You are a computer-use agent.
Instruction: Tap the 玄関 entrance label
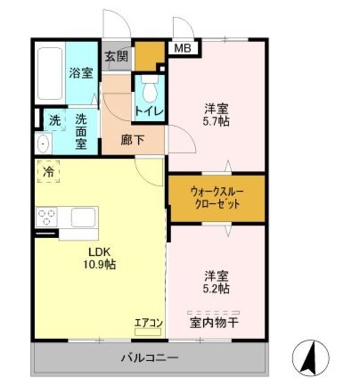click(116, 57)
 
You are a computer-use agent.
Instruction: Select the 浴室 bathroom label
click(81, 74)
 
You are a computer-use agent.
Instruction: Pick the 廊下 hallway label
click(132, 140)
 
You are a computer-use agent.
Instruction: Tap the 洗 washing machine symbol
click(55, 119)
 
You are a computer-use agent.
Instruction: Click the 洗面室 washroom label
click(81, 131)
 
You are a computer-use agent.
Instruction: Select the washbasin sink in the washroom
click(42, 143)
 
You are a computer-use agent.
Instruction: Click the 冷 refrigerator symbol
click(48, 172)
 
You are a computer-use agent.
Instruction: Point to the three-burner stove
click(47, 215)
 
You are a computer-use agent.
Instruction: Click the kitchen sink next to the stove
click(84, 215)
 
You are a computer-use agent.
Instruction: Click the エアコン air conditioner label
click(148, 322)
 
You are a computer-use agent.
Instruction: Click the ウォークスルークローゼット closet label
click(216, 197)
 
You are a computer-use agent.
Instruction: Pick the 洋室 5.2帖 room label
click(215, 282)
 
